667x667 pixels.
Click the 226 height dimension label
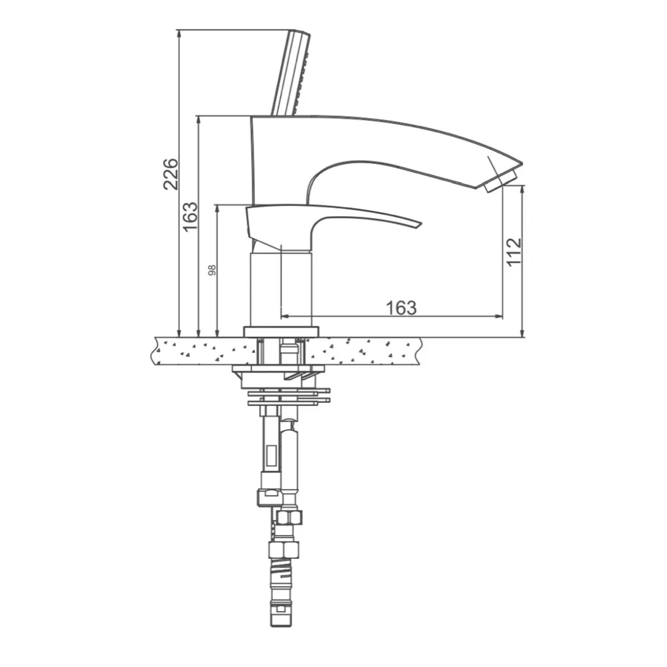(171, 174)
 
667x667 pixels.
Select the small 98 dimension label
(212, 270)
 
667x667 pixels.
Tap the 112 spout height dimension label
(514, 251)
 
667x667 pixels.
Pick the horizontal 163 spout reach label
(401, 307)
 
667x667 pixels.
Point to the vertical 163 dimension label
(190, 217)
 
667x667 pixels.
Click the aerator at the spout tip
(501, 181)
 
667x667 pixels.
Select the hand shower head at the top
(291, 73)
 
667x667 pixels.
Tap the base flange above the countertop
(281, 331)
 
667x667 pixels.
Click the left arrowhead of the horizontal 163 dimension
(283, 316)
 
